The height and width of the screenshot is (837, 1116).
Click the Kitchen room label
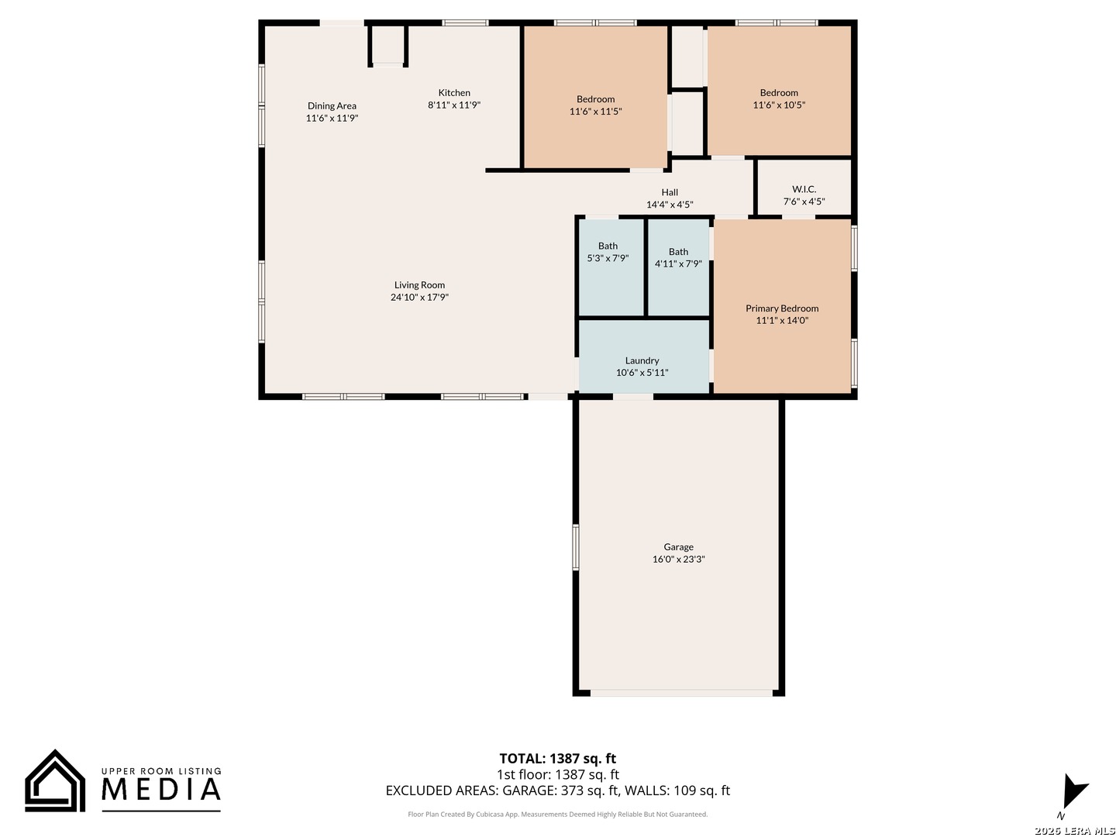(454, 93)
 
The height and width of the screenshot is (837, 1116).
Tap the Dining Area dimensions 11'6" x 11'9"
(332, 119)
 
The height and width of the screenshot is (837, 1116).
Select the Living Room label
(419, 285)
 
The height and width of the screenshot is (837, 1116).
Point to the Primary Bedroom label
(782, 308)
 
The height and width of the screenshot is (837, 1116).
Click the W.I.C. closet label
(804, 189)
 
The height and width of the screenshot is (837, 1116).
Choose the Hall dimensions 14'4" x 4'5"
(670, 205)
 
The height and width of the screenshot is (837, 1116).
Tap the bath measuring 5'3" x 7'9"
(608, 252)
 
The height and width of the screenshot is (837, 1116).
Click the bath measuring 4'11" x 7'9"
(678, 257)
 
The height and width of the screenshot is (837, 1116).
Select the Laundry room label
(642, 360)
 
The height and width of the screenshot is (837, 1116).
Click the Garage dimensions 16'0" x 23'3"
(678, 560)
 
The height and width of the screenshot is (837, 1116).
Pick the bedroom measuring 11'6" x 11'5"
(595, 105)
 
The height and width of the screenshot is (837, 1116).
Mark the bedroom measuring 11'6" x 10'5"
(779, 98)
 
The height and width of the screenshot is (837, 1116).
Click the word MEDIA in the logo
(161, 790)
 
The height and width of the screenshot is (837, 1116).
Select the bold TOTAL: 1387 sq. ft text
(557, 759)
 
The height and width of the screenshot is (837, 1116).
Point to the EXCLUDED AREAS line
(557, 790)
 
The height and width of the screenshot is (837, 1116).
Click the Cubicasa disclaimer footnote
(557, 815)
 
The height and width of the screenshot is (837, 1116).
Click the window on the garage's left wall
(576, 547)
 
